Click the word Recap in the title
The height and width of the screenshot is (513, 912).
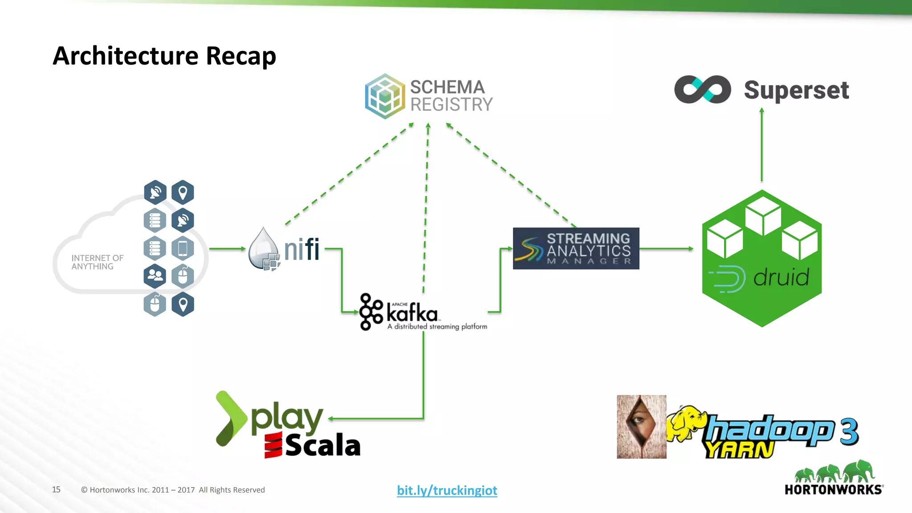point(240,56)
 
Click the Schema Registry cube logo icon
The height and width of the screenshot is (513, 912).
point(385,96)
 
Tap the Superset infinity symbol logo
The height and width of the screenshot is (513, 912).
point(702,90)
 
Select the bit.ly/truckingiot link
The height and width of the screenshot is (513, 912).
point(447,490)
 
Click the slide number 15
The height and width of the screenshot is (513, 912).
point(56,489)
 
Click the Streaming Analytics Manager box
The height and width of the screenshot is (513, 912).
point(576,248)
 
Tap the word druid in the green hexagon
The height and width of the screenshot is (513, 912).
point(781,278)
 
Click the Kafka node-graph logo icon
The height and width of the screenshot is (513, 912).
point(370,312)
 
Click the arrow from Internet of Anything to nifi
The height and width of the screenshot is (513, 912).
point(227,248)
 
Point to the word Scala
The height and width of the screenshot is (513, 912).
point(322,446)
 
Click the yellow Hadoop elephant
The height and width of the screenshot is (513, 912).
point(686,423)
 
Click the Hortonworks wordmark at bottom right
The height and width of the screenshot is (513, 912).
point(833,490)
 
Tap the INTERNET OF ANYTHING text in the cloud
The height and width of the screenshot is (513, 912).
point(97,262)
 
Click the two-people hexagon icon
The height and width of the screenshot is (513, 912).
point(155,276)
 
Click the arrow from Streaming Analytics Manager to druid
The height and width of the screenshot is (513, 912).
point(666,248)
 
